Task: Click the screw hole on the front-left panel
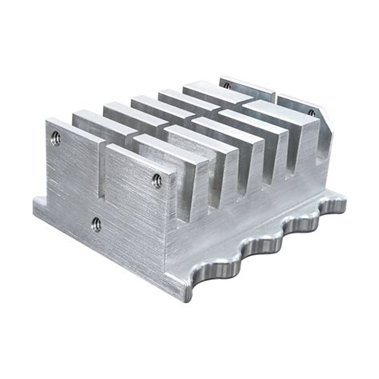pos(55,137)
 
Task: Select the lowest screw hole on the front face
pos(96,224)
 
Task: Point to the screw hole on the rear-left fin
pos(226,85)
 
